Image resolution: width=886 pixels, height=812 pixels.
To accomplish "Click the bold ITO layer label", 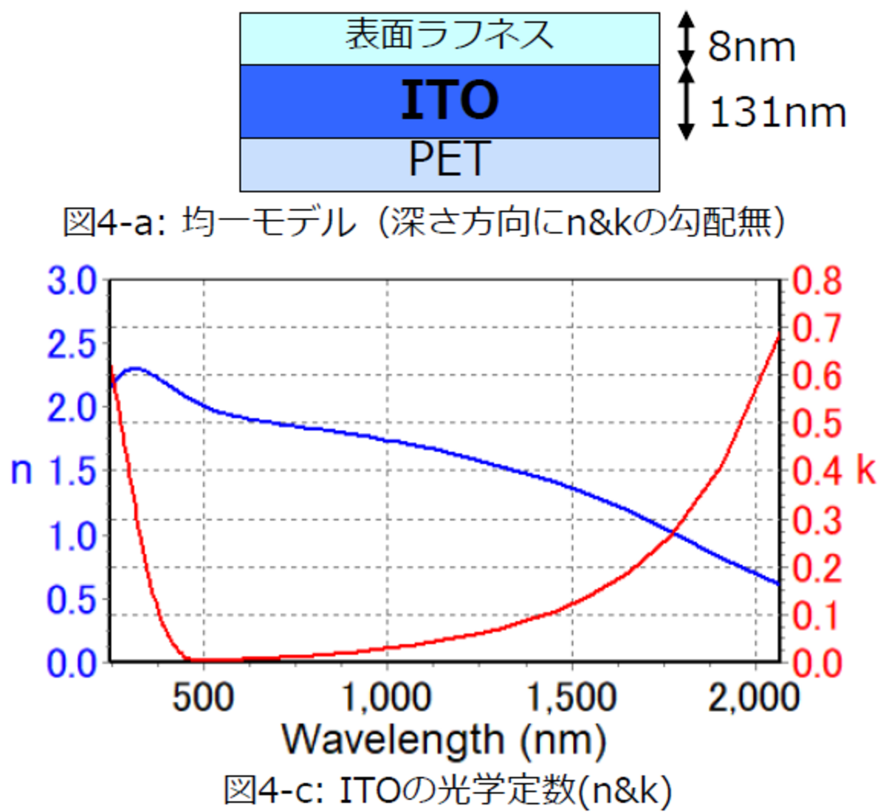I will coord(449,100).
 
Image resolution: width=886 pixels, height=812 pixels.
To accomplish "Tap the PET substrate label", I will coord(449,159).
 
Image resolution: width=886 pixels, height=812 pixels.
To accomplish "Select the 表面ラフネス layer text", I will coord(449,35).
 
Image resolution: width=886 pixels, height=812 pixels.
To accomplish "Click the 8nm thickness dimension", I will coord(752,47).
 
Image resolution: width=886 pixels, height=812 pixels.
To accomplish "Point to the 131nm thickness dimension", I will coord(777,113).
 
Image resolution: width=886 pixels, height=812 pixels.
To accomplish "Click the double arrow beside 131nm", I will coord(687,103).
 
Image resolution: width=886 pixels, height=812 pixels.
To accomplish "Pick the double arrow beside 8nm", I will coord(687,39).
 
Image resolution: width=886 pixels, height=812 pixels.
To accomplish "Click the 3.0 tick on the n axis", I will coord(72,282).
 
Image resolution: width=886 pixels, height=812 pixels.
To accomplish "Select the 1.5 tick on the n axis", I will coord(72,471).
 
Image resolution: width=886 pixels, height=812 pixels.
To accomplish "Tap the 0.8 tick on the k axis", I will coord(817,282).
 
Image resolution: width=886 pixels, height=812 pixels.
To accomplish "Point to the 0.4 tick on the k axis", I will coord(817,471).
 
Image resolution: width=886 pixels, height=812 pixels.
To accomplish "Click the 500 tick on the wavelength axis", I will coord(203,697).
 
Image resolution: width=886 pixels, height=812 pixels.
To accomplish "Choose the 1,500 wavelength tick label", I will coord(572,697).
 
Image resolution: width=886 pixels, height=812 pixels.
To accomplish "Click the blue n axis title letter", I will coord(21,471).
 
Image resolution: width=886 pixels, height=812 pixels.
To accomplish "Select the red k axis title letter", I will coord(866,471).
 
